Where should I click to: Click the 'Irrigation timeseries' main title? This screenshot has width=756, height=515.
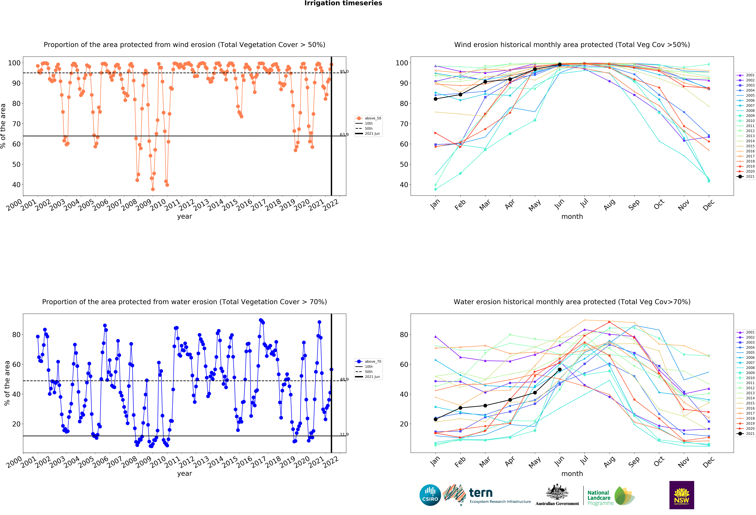pos(343,3)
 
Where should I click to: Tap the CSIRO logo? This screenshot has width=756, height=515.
pos(430,495)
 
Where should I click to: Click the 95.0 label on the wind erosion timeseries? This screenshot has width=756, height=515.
pos(344,71)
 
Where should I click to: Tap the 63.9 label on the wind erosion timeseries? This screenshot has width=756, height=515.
pos(344,135)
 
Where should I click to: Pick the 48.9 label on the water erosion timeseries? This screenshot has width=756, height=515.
pos(344,379)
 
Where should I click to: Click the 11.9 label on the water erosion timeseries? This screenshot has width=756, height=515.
pos(344,434)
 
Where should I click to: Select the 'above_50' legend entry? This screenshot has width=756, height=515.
pos(372,118)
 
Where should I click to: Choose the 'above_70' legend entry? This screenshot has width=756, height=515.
pos(372,362)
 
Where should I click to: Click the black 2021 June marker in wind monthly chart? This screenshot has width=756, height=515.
pos(560,65)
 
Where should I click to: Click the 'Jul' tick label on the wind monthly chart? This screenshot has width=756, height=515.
pos(584,203)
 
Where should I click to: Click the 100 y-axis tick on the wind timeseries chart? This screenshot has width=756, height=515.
pos(14,63)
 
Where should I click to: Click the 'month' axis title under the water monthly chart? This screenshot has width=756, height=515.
pos(572,474)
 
